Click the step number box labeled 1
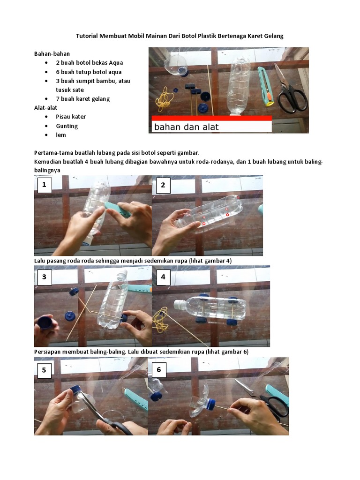(x=45, y=185)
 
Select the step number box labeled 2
(x=163, y=185)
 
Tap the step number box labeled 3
(x=45, y=277)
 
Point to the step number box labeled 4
(x=163, y=277)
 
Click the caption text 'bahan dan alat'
(x=186, y=127)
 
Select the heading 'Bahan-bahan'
(x=52, y=54)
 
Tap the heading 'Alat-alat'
(x=45, y=107)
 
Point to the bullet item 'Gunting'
(x=67, y=126)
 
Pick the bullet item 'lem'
(x=61, y=135)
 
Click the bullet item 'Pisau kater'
(x=71, y=117)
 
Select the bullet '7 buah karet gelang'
(x=82, y=99)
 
